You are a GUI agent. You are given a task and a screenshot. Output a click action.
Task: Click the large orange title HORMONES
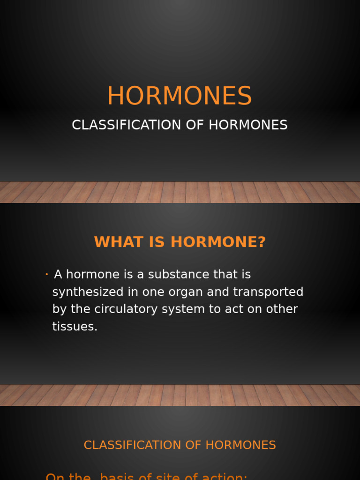tap(180, 96)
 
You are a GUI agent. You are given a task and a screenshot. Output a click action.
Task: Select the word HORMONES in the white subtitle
tap(248, 125)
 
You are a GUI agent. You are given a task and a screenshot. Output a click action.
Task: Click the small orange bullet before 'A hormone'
tap(47, 274)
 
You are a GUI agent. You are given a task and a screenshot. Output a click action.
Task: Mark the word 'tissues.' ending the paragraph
tap(75, 327)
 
